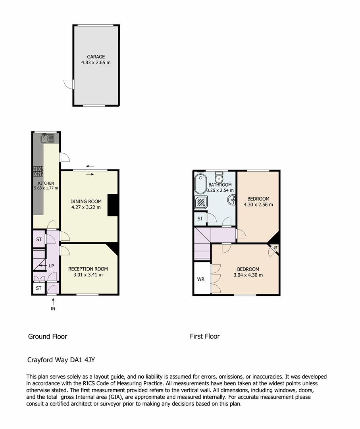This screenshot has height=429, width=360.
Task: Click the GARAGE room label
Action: pyautogui.click(x=96, y=57)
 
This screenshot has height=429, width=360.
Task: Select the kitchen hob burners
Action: pyautogui.click(x=38, y=171)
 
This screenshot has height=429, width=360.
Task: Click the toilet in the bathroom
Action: pyautogui.click(x=219, y=177)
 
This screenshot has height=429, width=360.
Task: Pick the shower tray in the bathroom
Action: pyautogui.click(x=201, y=203)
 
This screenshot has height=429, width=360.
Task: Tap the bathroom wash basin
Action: pyautogui.click(x=231, y=200)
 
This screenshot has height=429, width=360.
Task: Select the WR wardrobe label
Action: pyautogui.click(x=200, y=279)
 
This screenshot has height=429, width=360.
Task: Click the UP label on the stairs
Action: pyautogui.click(x=51, y=266)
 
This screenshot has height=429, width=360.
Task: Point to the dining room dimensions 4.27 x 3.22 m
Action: pyautogui.click(x=86, y=207)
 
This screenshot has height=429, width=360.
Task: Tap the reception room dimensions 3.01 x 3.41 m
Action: pyautogui.click(x=88, y=275)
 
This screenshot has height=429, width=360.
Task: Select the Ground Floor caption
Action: pyautogui.click(x=48, y=336)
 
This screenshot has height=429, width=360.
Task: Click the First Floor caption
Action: pyautogui.click(x=205, y=336)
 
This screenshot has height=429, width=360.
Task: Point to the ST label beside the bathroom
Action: pyautogui.click(x=200, y=218)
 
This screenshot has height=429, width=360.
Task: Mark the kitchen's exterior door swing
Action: pyautogui.click(x=65, y=157)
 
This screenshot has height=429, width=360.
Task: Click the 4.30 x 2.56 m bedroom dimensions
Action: pyautogui.click(x=258, y=205)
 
